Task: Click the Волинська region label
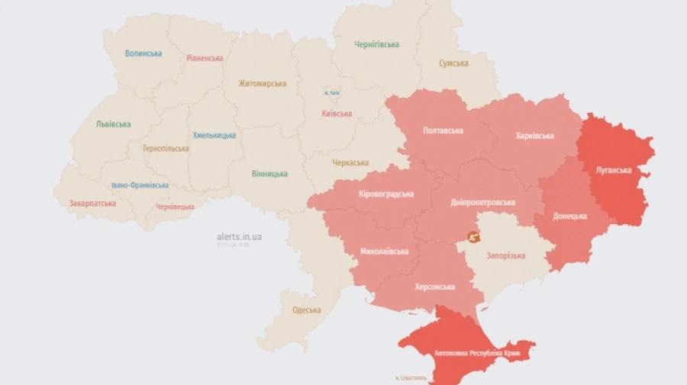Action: pyautogui.click(x=144, y=53)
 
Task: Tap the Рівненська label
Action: pyautogui.click(x=205, y=58)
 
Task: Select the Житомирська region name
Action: pyautogui.click(x=262, y=83)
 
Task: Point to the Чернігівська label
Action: pyautogui.click(x=376, y=44)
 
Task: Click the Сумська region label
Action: pyautogui.click(x=453, y=63)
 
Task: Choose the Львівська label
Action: pyautogui.click(x=113, y=124)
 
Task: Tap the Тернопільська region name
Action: pyautogui.click(x=165, y=148)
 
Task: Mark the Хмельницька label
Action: pyautogui.click(x=214, y=135)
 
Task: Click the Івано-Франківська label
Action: pyautogui.click(x=139, y=184)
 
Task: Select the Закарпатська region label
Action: pyautogui.click(x=92, y=204)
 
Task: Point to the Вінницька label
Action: pyautogui.click(x=269, y=174)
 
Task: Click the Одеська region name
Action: pyautogui.click(x=306, y=310)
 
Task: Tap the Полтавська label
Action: pyautogui.click(x=443, y=130)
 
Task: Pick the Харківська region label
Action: pyautogui.click(x=534, y=136)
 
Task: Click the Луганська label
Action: pyautogui.click(x=614, y=170)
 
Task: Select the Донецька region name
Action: pyautogui.click(x=569, y=216)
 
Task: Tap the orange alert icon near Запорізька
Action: pyautogui.click(x=473, y=237)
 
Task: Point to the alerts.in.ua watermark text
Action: pyautogui.click(x=239, y=236)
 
